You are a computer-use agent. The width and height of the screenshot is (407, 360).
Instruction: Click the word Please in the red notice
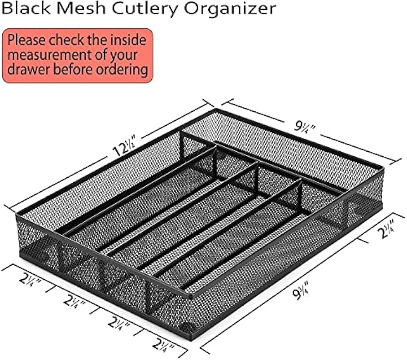pos(27,40)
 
